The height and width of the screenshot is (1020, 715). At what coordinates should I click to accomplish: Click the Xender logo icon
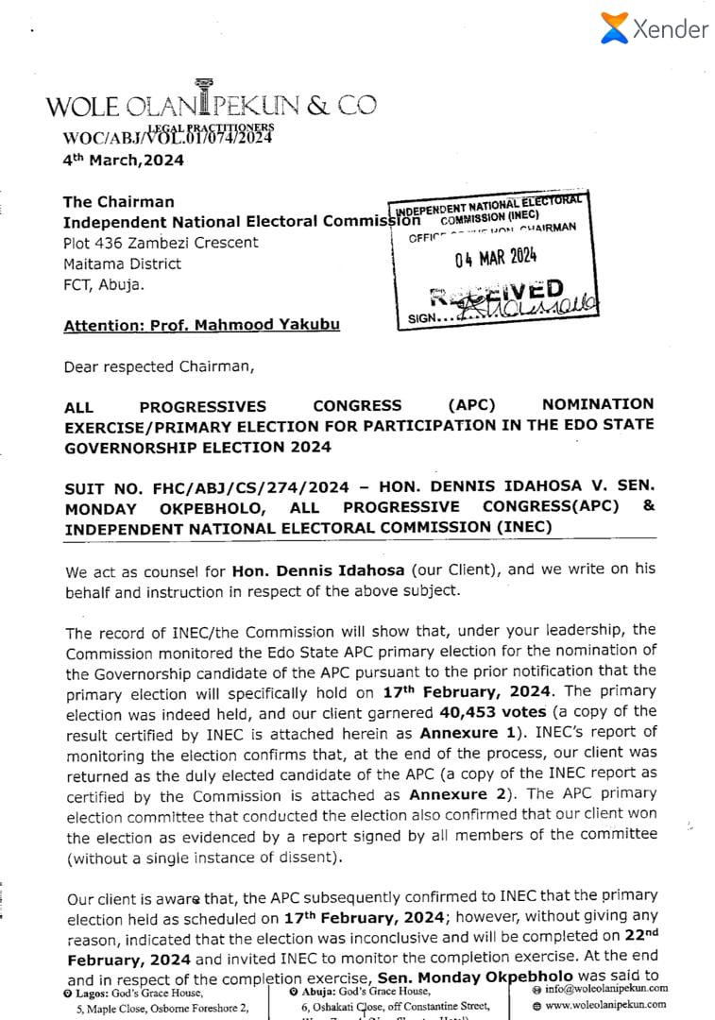614,27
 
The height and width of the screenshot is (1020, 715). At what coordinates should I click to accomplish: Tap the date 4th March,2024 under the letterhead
123,160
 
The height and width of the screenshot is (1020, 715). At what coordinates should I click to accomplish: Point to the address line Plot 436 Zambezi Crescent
161,243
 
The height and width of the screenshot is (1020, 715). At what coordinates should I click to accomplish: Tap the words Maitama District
123,263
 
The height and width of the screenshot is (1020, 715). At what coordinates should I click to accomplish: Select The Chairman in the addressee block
118,201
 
